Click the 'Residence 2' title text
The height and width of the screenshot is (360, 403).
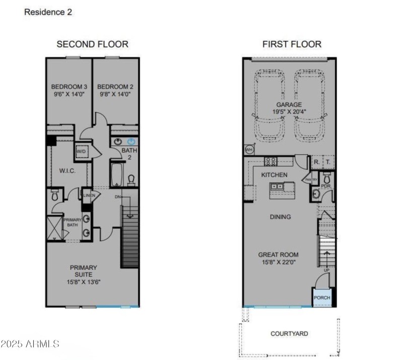coord(48,12)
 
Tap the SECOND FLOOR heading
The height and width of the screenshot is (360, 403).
coord(92,44)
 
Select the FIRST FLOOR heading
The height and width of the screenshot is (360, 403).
coord(292,44)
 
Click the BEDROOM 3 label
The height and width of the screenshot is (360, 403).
coord(69,86)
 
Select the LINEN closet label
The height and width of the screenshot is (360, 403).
coord(89,195)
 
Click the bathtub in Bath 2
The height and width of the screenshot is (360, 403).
coord(115,174)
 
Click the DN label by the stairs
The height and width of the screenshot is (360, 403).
coord(118,197)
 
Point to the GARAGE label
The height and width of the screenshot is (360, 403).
coord(289,105)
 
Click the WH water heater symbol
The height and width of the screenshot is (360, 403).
coord(248,150)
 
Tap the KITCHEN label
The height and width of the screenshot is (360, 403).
coord(274,175)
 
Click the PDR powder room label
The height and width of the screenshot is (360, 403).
coord(325,186)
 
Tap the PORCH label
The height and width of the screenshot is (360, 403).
coord(322,297)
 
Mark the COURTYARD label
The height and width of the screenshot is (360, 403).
coord(289,334)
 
